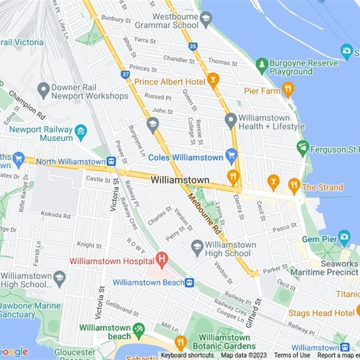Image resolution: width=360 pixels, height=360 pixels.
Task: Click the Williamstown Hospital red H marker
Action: click(x=162, y=259)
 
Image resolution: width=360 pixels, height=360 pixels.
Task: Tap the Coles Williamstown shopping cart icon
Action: click(x=231, y=157)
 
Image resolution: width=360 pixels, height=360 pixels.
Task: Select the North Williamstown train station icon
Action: click(x=111, y=161)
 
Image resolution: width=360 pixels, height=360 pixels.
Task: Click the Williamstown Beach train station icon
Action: click(x=190, y=282)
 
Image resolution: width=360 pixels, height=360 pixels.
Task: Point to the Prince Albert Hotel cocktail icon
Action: click(x=213, y=81)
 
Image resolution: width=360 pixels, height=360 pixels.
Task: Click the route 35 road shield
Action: click(x=193, y=46)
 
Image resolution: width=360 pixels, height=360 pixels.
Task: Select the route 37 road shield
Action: click(x=125, y=74)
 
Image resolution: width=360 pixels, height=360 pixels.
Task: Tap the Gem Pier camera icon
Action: click(x=344, y=237)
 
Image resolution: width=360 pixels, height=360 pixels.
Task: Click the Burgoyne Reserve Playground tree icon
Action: click(x=262, y=66)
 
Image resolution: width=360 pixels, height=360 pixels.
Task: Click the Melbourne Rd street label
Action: click(x=205, y=213)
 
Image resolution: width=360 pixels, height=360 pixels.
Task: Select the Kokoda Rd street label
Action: click(x=55, y=215)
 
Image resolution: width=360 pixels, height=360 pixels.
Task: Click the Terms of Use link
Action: click(x=292, y=355)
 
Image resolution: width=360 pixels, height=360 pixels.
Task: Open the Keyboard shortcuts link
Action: click(x=187, y=355)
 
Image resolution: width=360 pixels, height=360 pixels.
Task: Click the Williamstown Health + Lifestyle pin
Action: click(x=231, y=121)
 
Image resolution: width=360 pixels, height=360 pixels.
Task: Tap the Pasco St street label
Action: click(x=284, y=228)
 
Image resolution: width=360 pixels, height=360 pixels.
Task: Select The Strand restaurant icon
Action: click(x=294, y=185)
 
